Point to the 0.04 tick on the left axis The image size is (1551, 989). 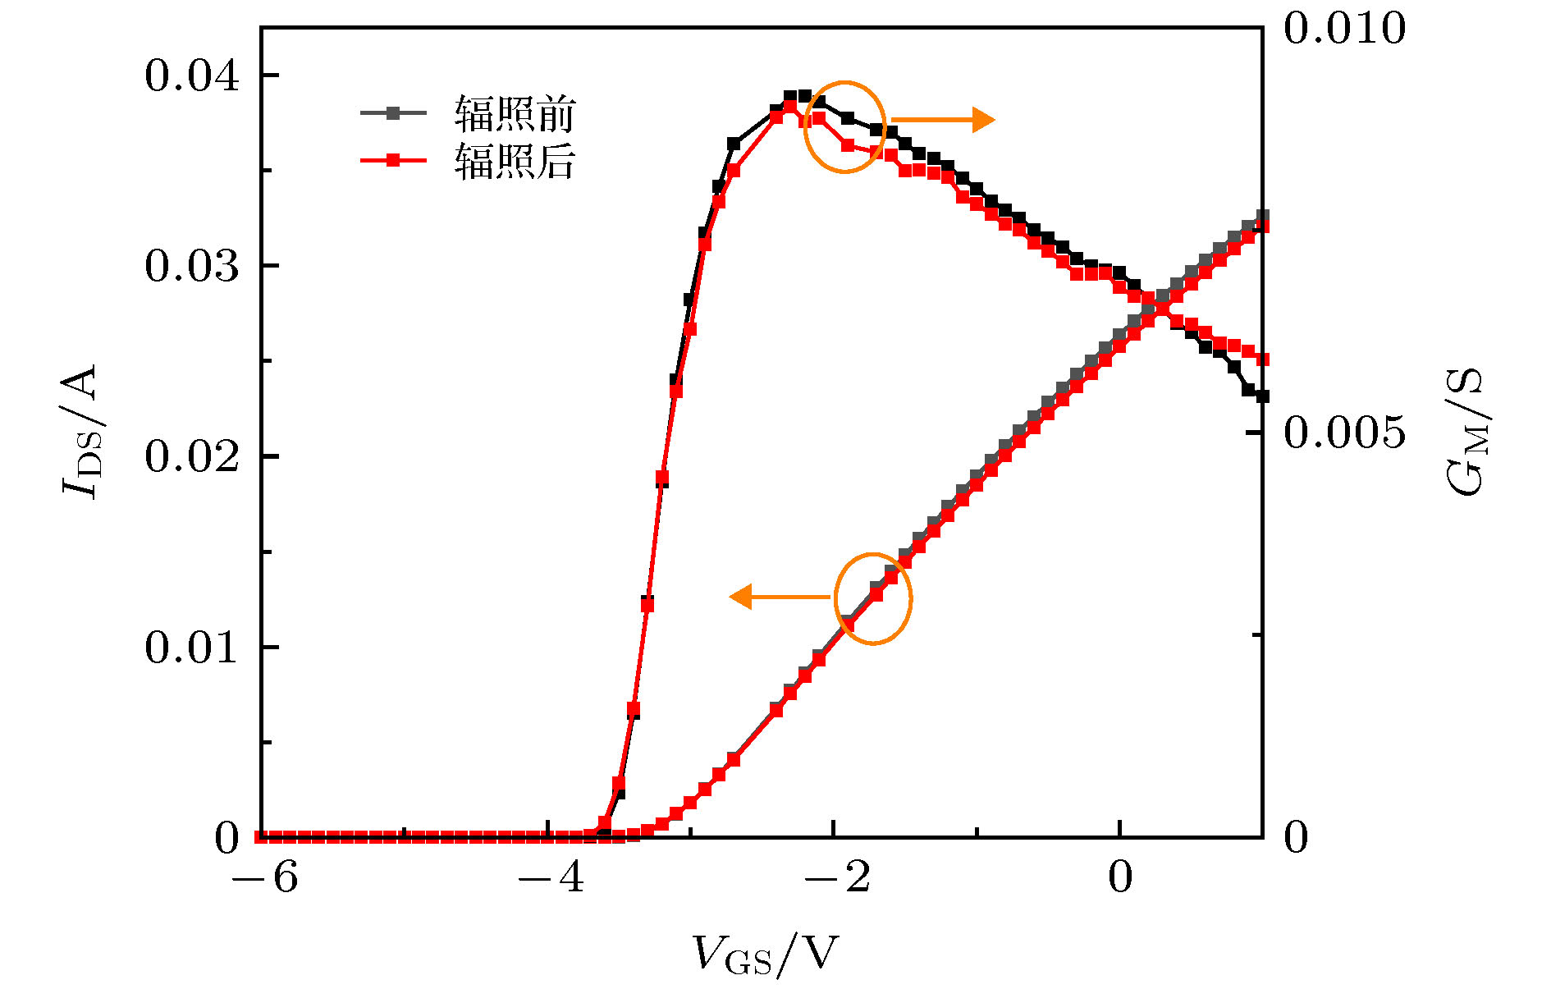pos(192,76)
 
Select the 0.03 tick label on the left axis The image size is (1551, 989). pos(192,266)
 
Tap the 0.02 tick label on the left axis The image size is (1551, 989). pos(192,456)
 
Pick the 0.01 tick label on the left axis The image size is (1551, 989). pos(192,648)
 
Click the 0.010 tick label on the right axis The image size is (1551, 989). pos(1344,29)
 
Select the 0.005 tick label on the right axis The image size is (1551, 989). pos(1344,432)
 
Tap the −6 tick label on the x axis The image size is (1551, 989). pos(265,877)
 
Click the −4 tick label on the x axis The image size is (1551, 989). pos(551,877)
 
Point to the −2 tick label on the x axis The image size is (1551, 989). pos(836,877)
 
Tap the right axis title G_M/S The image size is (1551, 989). pos(1466,432)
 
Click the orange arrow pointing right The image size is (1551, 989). pos(944,120)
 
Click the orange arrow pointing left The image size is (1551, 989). pos(780,596)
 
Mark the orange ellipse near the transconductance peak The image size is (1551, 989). pos(844,127)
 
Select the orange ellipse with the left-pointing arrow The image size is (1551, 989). pos(873,598)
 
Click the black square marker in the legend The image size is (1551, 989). pos(393,113)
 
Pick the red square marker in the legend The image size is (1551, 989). pos(393,160)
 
